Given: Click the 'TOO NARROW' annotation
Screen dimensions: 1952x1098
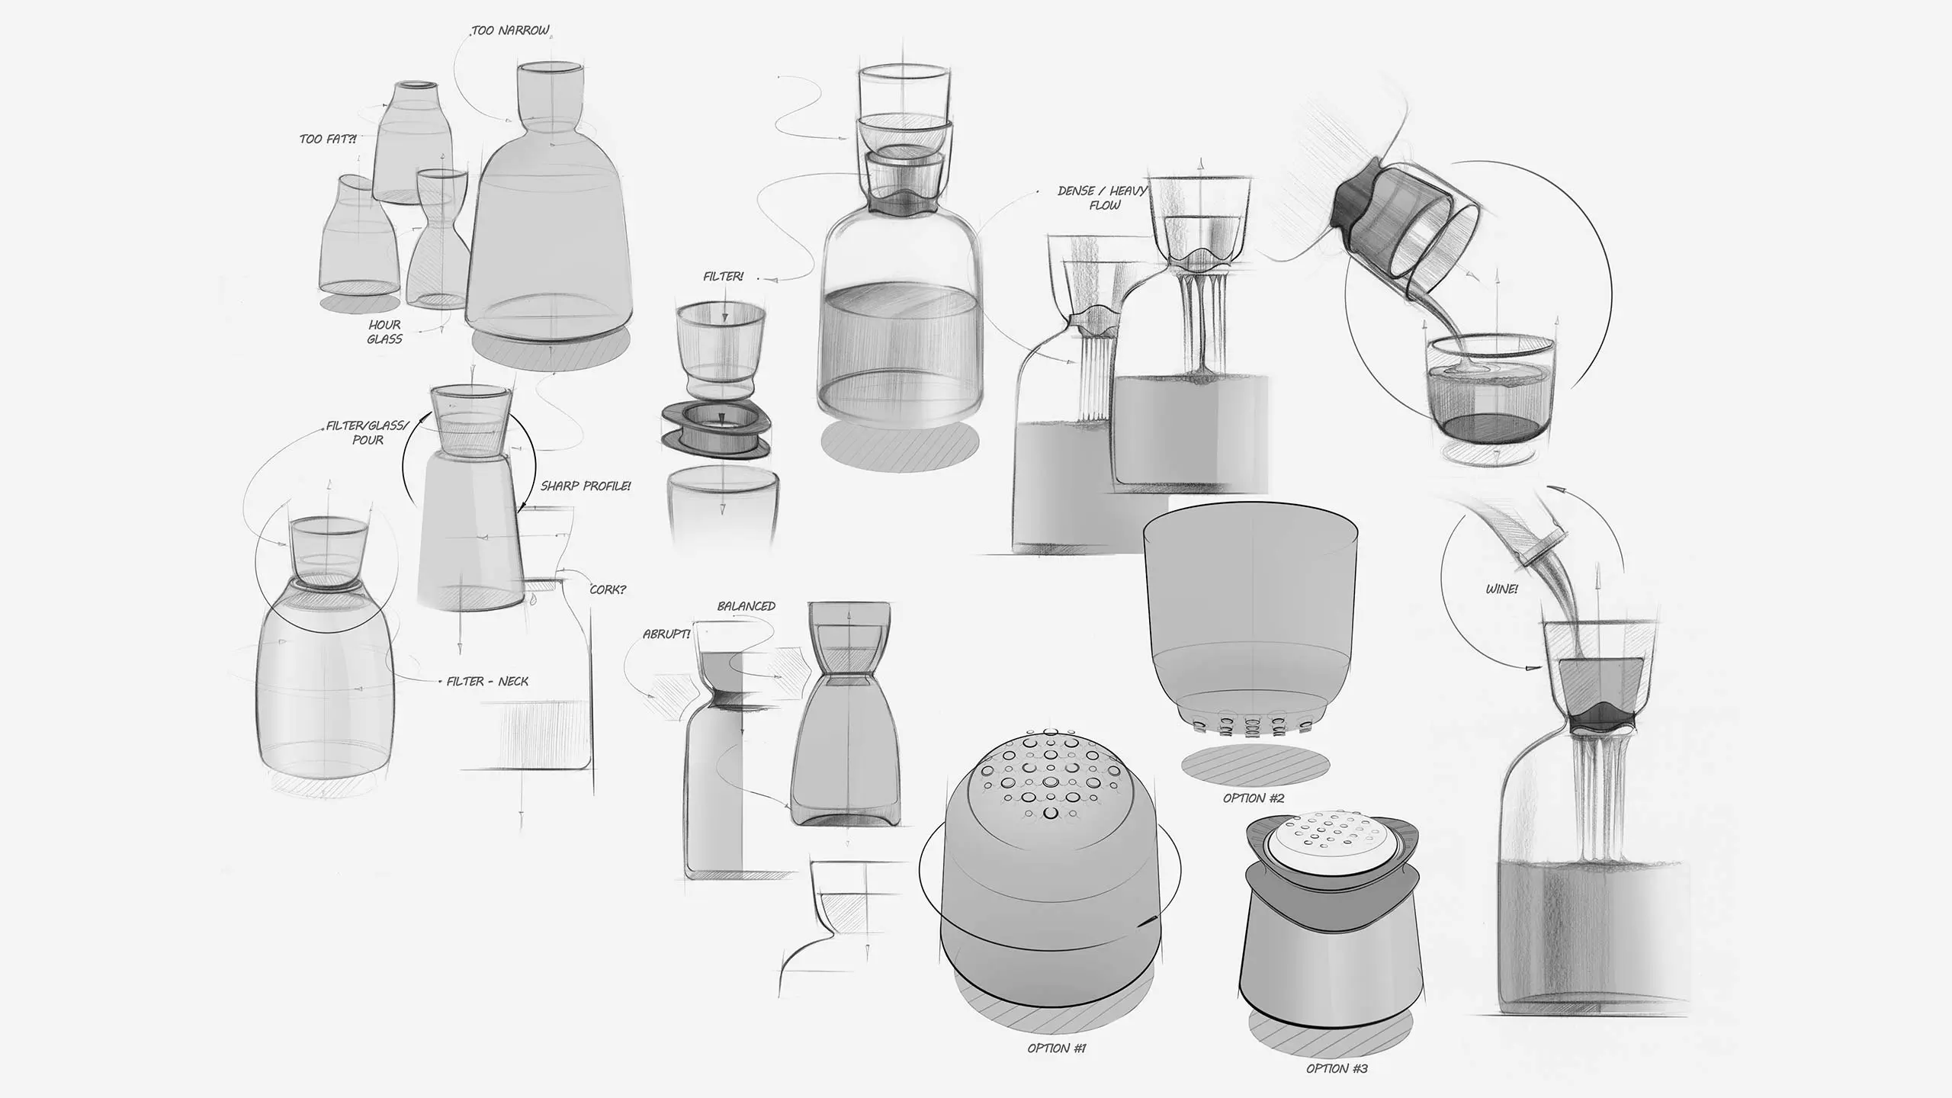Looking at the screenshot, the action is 510,31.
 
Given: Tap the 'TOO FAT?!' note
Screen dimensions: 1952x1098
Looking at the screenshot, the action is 328,140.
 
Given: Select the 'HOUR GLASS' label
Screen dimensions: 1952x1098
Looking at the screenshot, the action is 384,332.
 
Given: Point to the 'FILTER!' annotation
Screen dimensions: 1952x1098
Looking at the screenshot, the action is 723,277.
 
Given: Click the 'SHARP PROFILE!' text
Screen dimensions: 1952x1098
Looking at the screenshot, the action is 586,486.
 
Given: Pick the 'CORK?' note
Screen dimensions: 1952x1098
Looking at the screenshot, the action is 608,589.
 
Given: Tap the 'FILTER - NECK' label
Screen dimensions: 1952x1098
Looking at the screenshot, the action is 487,681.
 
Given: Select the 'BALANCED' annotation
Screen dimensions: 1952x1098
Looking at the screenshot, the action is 746,606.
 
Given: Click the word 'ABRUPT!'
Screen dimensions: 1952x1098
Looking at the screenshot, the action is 666,634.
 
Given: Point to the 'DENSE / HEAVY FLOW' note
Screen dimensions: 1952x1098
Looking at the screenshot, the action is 1103,197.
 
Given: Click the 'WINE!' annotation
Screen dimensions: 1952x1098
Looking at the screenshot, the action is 1501,589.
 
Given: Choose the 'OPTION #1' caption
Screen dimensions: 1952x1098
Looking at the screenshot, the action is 1056,1048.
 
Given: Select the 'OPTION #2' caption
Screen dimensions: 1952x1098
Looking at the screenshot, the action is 1254,798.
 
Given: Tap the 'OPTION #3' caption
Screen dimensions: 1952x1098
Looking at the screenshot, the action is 1337,1068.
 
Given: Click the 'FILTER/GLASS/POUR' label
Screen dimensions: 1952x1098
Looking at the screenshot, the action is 368,432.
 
